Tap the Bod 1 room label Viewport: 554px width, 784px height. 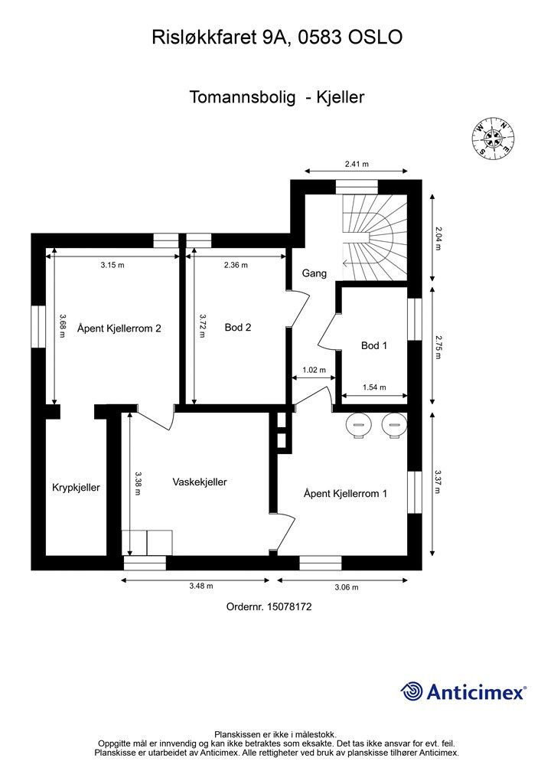(374, 346)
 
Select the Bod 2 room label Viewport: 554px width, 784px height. (238, 328)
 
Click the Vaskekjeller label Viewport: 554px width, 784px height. (200, 482)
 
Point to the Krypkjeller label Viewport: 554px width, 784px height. (76, 488)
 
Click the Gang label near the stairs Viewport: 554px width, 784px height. (314, 273)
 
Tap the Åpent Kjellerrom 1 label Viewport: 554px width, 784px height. (345, 494)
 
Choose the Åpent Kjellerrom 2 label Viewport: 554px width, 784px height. (119, 328)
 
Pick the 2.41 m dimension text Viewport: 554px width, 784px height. (357, 164)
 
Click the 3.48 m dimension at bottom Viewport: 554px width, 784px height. (200, 586)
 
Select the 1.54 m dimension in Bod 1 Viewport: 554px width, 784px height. (373, 387)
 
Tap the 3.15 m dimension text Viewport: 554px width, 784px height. (112, 266)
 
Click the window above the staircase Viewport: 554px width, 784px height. (357, 186)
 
